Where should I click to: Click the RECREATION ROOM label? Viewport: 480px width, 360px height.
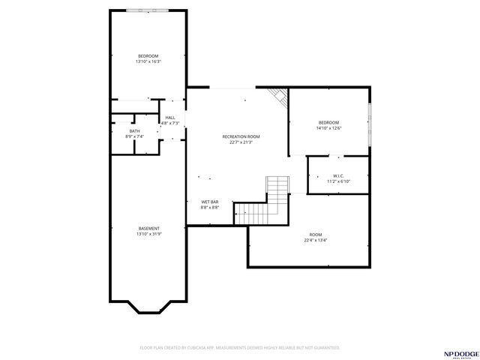(241, 136)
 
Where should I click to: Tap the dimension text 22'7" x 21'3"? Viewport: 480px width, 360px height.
(241, 142)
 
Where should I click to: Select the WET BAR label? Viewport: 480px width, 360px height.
(209, 202)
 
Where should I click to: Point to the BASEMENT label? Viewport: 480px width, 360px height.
(148, 228)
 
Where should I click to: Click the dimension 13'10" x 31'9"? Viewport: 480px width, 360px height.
(148, 234)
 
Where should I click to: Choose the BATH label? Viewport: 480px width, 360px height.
(134, 131)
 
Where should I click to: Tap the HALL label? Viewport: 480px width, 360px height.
(170, 118)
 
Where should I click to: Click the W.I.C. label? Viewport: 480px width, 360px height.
(338, 175)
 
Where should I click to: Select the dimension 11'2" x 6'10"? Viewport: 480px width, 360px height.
(338, 181)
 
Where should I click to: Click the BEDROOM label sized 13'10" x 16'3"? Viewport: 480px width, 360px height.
(148, 55)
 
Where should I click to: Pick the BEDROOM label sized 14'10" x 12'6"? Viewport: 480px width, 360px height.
(328, 122)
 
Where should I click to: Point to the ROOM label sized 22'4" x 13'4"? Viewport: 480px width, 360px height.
(315, 235)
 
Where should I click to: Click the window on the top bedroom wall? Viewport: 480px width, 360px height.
(147, 10)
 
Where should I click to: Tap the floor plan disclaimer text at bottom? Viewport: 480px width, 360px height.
(240, 347)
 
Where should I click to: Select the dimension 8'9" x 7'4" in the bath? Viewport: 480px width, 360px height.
(134, 137)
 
